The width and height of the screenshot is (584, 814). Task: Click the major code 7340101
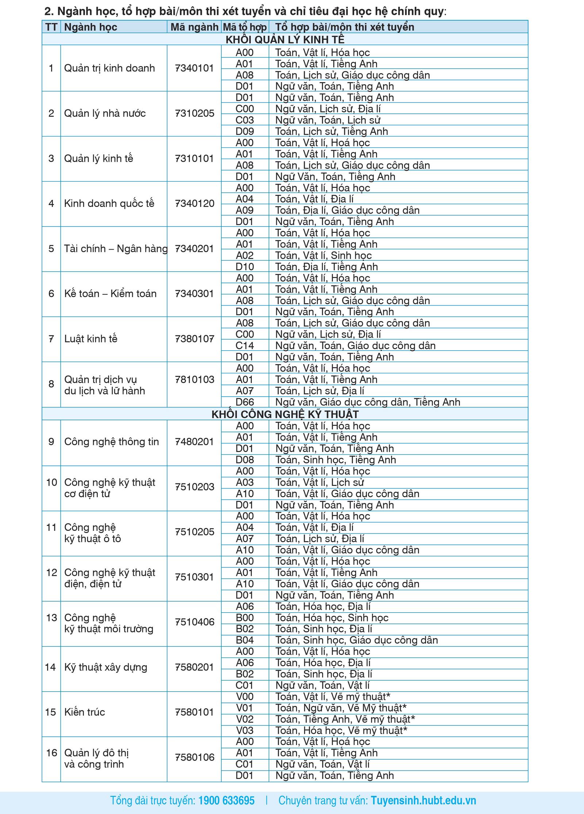(194, 68)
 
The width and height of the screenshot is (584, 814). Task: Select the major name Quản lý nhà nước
(105, 113)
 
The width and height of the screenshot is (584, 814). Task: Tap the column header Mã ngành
(194, 27)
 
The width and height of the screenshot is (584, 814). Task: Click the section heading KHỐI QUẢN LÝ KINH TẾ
(285, 39)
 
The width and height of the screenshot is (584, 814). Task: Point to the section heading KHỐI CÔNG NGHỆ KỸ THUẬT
(285, 414)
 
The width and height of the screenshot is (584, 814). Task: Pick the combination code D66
(245, 402)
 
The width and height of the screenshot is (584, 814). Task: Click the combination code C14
(245, 346)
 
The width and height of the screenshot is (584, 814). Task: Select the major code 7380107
(194, 339)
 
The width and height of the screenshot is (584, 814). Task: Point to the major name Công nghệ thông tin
(111, 442)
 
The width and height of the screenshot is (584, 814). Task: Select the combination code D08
(245, 460)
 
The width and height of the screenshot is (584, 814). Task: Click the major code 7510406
(194, 622)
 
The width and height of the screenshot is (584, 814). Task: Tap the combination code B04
(245, 640)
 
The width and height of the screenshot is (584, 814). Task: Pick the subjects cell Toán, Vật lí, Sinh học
(323, 255)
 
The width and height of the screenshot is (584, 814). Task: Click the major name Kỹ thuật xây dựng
(105, 667)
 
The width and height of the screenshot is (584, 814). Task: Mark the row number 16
(51, 753)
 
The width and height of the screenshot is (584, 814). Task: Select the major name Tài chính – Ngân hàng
(115, 249)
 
